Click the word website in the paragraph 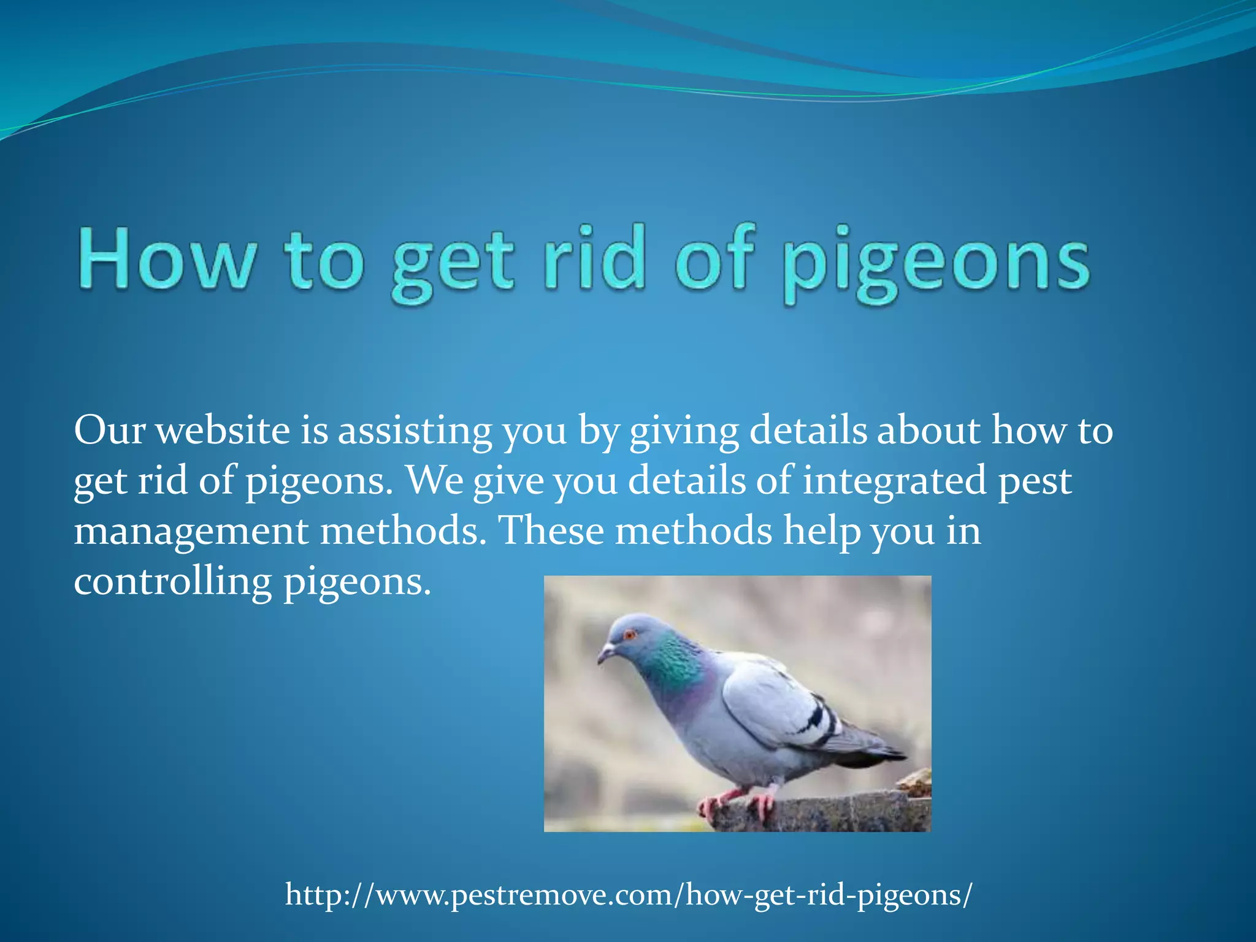[x=223, y=431]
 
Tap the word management [x=191, y=531]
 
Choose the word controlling [x=172, y=581]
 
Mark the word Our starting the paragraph [x=109, y=431]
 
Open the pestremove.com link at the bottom [x=629, y=895]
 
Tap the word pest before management [x=1035, y=481]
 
